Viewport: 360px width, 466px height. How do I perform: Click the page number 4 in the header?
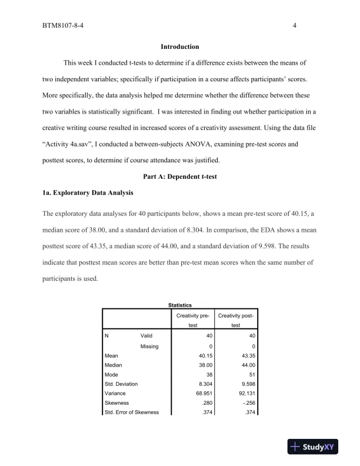tap(294, 26)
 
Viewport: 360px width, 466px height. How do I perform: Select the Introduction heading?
tap(179, 46)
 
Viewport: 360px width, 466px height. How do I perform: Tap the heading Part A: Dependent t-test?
tap(179, 176)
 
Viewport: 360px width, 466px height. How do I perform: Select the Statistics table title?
tap(180, 305)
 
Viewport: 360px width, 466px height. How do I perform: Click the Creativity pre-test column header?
tap(193, 321)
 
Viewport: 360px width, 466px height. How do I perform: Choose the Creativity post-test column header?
tap(236, 321)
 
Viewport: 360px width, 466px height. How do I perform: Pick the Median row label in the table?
tap(114, 365)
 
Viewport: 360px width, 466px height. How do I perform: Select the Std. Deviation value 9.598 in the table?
tap(248, 384)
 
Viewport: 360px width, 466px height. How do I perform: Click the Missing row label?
tap(149, 346)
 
